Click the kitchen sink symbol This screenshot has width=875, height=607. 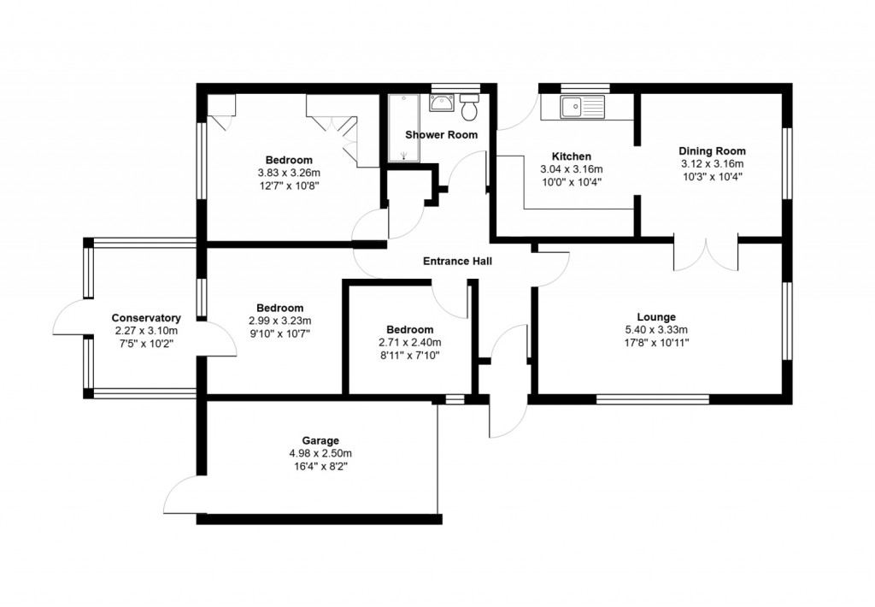pos(582,107)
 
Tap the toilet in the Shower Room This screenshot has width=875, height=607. pos(469,109)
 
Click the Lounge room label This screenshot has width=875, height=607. pos(656,316)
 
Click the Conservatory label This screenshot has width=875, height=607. pos(145,318)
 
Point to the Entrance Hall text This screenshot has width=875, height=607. pos(457,262)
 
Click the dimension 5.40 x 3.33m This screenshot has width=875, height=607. pos(656,329)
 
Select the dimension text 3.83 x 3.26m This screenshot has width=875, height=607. pos(288,173)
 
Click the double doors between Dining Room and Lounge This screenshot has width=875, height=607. pos(707,255)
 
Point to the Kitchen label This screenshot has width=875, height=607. pos(571,156)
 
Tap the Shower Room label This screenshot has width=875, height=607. pos(441,135)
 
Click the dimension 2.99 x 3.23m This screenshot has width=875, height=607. pos(279,321)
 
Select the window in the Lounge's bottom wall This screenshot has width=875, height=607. pos(652,398)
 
